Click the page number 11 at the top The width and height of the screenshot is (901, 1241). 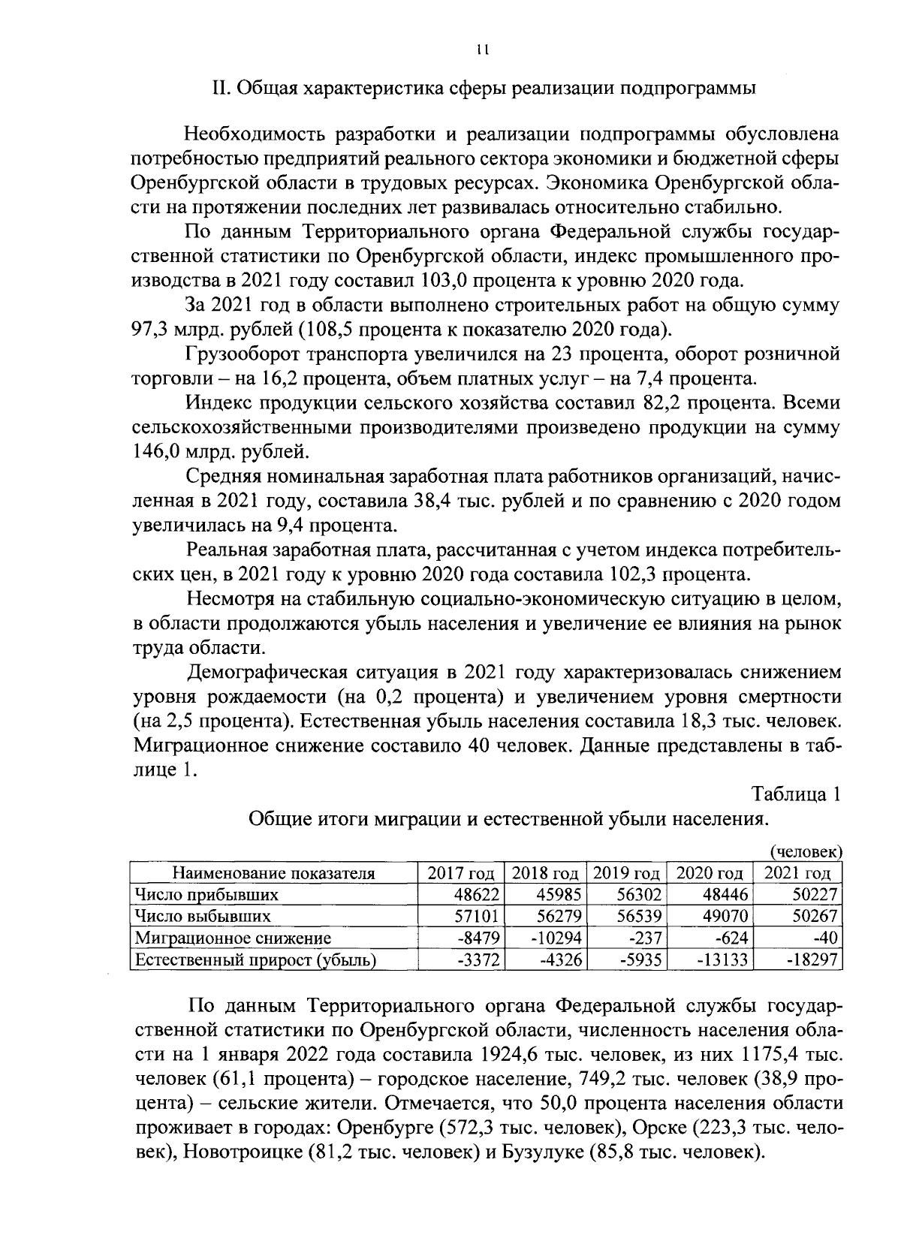482,50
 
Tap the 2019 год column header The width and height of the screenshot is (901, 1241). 626,873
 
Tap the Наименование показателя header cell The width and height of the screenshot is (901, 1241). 273,873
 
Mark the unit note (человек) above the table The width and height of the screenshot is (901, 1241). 806,851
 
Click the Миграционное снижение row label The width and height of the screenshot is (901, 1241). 233,938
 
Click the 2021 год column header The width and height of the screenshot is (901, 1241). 797,873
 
